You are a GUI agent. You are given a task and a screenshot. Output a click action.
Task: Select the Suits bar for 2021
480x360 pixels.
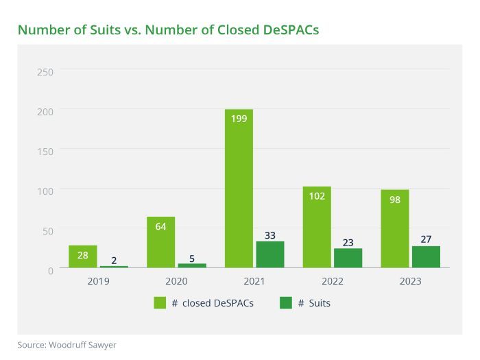tap(270, 254)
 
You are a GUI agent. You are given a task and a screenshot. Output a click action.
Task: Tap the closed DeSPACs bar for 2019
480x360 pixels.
tap(82, 256)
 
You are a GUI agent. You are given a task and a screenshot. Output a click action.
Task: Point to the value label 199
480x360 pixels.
tap(239, 118)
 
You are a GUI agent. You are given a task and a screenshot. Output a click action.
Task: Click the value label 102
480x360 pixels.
tap(316, 195)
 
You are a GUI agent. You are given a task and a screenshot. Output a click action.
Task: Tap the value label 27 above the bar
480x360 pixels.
tap(426, 239)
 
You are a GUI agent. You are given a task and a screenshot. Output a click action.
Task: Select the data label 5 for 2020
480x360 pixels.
tap(192, 259)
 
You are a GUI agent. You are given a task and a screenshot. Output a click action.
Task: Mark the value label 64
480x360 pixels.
tap(160, 226)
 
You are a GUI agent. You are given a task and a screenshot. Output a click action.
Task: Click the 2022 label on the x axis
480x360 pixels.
tap(332, 281)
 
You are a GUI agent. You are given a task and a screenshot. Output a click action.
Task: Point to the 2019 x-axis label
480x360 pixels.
tap(98, 281)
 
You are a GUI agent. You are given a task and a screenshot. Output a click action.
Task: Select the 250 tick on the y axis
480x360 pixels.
tap(46, 71)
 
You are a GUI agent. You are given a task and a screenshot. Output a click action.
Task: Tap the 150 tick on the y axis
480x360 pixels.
tap(46, 150)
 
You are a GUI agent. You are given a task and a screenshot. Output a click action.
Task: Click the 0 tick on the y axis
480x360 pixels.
tap(50, 270)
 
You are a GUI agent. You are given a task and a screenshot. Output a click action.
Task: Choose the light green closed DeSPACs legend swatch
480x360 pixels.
tap(160, 302)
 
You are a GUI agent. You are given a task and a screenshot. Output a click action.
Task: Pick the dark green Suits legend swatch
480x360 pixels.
tap(287, 302)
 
